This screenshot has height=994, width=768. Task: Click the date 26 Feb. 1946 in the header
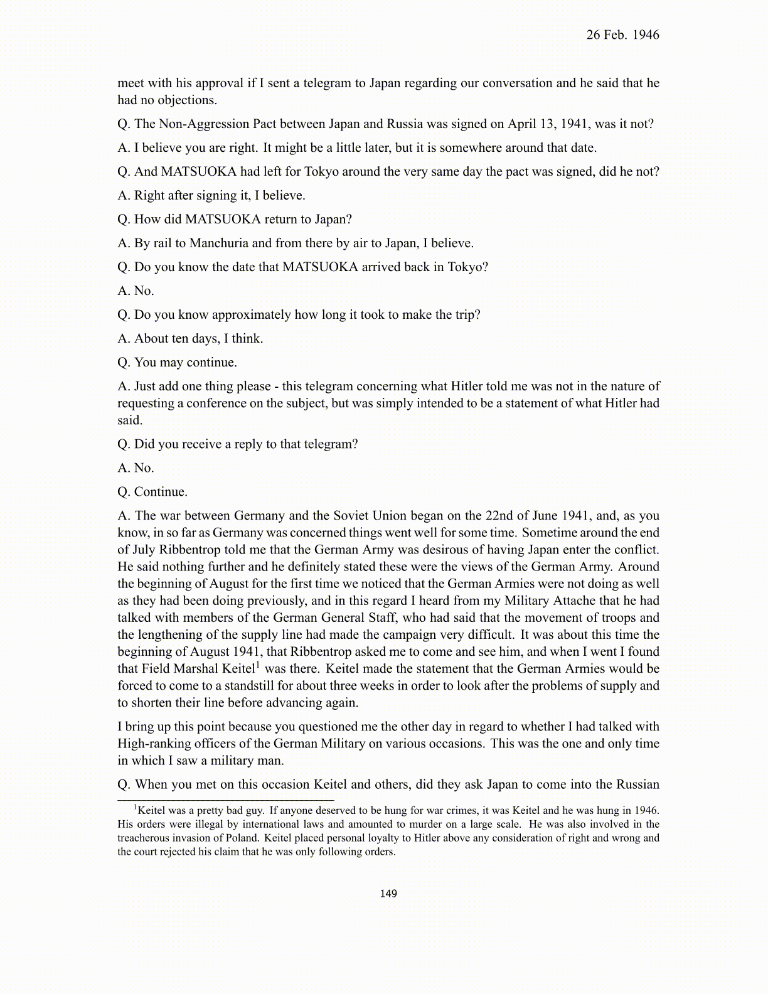(x=622, y=35)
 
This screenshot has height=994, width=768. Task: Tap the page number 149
(x=388, y=893)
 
